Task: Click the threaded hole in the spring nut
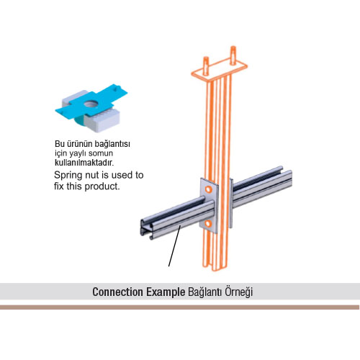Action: [x=91, y=104]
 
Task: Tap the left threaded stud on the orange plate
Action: [x=206, y=66]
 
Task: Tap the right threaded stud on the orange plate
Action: [x=233, y=55]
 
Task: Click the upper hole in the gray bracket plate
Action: [x=209, y=190]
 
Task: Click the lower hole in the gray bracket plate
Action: [x=208, y=224]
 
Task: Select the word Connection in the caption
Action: [x=117, y=292]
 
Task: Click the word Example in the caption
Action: [x=166, y=292]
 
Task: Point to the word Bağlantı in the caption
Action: [x=204, y=292]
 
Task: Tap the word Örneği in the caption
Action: [x=238, y=292]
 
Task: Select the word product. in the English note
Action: [x=102, y=186]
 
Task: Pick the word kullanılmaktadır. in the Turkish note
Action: [x=84, y=163]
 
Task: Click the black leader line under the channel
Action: [x=174, y=246]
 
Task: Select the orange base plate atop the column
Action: [x=220, y=68]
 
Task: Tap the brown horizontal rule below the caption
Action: [x=179, y=307]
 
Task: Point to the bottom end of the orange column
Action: [x=216, y=268]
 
